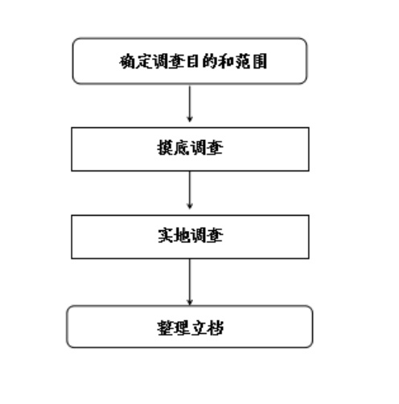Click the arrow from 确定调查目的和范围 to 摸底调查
coord(190,104)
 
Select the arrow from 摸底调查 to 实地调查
coord(190,190)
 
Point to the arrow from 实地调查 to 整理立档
coord(190,282)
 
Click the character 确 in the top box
coord(127,61)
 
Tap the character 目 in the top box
coord(193,61)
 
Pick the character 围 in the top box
coord(259,61)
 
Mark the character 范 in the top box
coord(243,61)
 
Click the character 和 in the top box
coord(226,61)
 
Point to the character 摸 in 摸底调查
coord(165,148)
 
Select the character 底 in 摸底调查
coord(181,148)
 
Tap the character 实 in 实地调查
coord(165,236)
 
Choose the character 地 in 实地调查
coord(182,236)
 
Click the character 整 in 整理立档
coord(165,328)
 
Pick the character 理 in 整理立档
coord(181,328)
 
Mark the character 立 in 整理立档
coord(198,328)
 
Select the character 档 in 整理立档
coord(215,328)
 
